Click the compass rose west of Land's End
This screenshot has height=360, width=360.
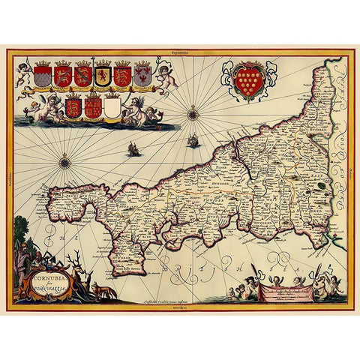point(65,159)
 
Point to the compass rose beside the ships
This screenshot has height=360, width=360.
point(193,115)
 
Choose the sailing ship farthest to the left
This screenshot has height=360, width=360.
point(135,149)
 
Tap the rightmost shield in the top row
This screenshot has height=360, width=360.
point(142,74)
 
